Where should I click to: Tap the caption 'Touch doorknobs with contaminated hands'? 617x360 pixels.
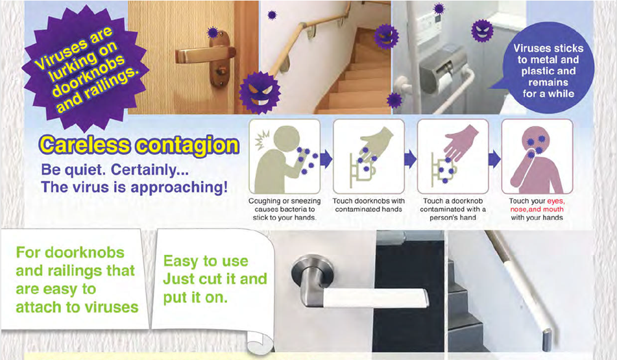click(368, 206)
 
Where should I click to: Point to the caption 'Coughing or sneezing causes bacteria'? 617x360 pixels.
click(283, 210)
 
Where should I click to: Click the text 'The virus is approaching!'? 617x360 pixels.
click(134, 188)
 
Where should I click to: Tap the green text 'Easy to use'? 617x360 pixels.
click(206, 261)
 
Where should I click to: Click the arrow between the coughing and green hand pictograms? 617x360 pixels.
click(326, 158)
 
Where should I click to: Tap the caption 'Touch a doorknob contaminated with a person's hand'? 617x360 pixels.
click(452, 210)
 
